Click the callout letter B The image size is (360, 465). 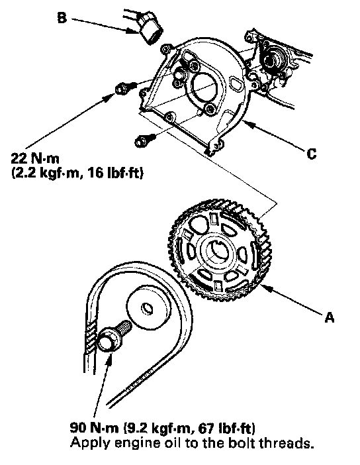tap(62, 18)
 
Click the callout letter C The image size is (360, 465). tap(311, 154)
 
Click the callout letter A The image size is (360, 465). tap(330, 317)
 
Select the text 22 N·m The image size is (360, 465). tap(35, 159)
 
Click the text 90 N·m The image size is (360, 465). tap(95, 428)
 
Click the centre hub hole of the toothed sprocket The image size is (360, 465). tap(218, 250)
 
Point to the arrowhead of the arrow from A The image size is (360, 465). tap(265, 287)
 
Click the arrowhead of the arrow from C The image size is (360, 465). tap(247, 125)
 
